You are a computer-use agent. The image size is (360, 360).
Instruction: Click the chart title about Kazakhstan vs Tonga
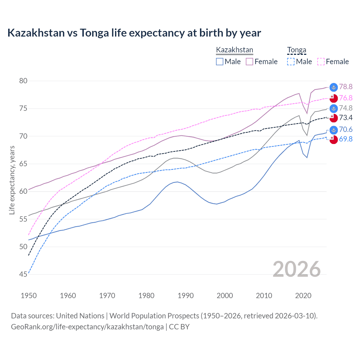click(x=134, y=33)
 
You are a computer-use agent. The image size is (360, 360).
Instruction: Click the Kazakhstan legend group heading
click(x=235, y=50)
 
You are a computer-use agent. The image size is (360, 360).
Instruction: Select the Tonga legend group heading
click(x=296, y=50)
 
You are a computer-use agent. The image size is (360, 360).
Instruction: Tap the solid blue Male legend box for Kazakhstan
click(x=220, y=62)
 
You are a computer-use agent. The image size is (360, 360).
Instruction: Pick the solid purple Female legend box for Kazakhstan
click(x=249, y=62)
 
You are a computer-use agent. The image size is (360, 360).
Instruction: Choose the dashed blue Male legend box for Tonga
click(x=291, y=62)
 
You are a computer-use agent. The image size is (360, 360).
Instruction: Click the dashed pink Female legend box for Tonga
click(x=321, y=62)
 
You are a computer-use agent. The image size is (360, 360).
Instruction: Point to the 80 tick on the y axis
click(x=23, y=81)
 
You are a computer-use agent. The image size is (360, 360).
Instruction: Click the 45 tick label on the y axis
click(x=23, y=274)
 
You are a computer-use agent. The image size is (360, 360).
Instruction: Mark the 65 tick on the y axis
click(x=23, y=164)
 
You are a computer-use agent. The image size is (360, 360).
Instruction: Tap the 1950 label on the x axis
click(x=29, y=296)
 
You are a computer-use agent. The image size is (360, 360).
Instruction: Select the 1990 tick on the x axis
click(x=186, y=296)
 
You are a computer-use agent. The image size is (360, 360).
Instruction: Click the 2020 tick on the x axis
click(x=303, y=296)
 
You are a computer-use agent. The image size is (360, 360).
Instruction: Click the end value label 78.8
click(x=346, y=87)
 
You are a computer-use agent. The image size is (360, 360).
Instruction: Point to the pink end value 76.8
click(x=346, y=98)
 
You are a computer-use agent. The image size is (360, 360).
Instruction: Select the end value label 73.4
click(x=346, y=118)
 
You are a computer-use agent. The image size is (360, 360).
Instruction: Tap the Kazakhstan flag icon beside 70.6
click(x=334, y=130)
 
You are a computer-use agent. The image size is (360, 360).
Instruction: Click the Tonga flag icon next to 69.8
click(x=334, y=139)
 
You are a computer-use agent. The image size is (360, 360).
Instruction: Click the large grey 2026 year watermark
click(x=296, y=269)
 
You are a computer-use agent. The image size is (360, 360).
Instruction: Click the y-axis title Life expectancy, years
click(x=12, y=180)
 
